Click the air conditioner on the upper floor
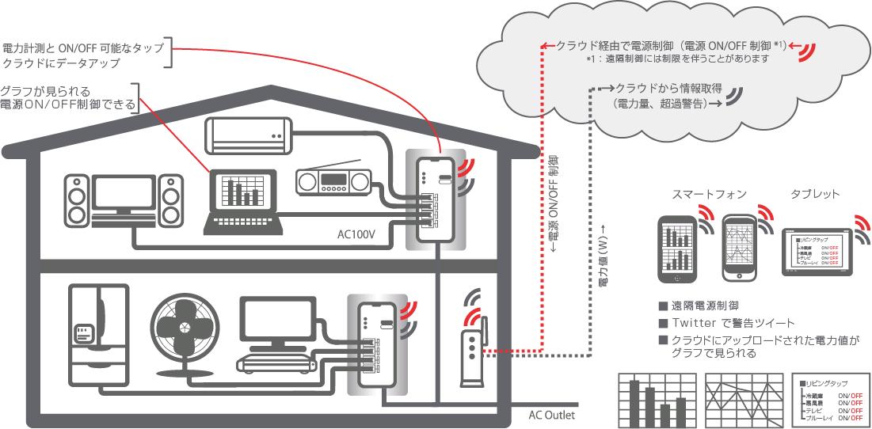tap(249, 134)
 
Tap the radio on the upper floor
tap(332, 182)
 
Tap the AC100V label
tap(358, 235)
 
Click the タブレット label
tap(815, 194)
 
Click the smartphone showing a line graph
tap(741, 246)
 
